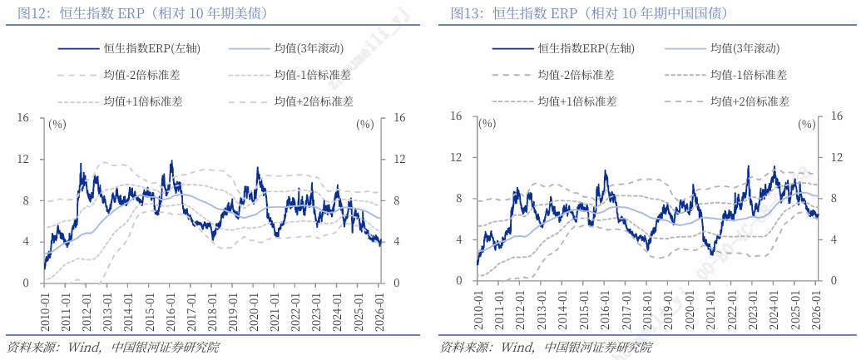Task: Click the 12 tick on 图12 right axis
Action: tap(399, 159)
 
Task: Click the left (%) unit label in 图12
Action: tap(57, 125)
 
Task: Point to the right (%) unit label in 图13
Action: tap(806, 124)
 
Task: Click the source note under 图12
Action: tap(113, 348)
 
